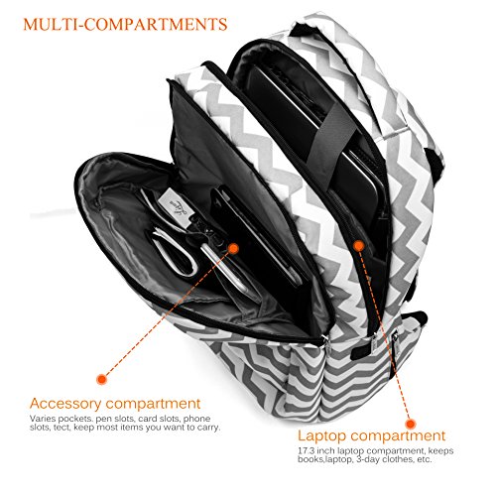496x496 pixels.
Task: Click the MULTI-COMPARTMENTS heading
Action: click(125, 24)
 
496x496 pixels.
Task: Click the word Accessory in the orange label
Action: click(65, 404)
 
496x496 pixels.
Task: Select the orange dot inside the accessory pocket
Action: click(233, 249)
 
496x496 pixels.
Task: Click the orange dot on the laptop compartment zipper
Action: click(358, 246)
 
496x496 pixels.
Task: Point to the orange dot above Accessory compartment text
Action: click(102, 379)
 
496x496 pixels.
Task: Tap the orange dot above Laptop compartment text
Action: click(411, 424)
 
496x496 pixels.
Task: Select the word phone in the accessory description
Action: click(196, 419)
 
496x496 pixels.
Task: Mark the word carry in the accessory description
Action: click(209, 428)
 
